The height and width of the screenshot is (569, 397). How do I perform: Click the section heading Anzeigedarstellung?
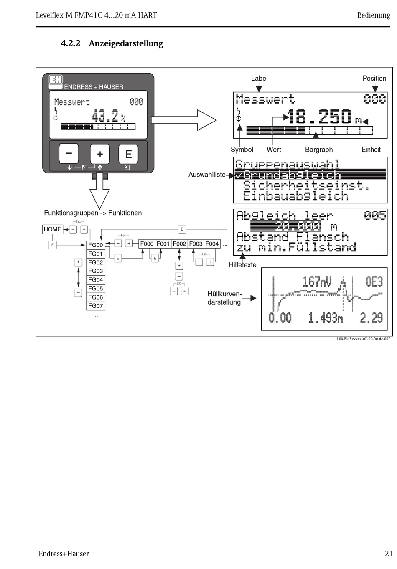126,43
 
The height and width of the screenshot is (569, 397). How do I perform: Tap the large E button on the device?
128,154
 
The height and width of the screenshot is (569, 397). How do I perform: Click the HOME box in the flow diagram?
53,229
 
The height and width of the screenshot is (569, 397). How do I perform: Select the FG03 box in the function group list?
96,271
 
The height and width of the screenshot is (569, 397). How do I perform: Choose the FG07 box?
96,306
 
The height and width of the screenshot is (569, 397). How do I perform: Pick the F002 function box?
179,244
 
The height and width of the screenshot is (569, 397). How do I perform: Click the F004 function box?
212,244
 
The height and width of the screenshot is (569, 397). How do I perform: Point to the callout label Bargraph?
319,150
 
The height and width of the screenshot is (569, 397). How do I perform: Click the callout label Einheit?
371,150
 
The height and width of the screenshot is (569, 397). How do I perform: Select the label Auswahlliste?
207,175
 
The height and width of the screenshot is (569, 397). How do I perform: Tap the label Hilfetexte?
242,265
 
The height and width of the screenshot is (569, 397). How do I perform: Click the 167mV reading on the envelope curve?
317,282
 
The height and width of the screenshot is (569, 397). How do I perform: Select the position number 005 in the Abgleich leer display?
375,216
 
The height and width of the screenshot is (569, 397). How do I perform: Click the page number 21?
389,554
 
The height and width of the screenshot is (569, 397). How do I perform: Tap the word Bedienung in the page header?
373,15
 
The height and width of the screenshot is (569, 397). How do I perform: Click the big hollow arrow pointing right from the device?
184,120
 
